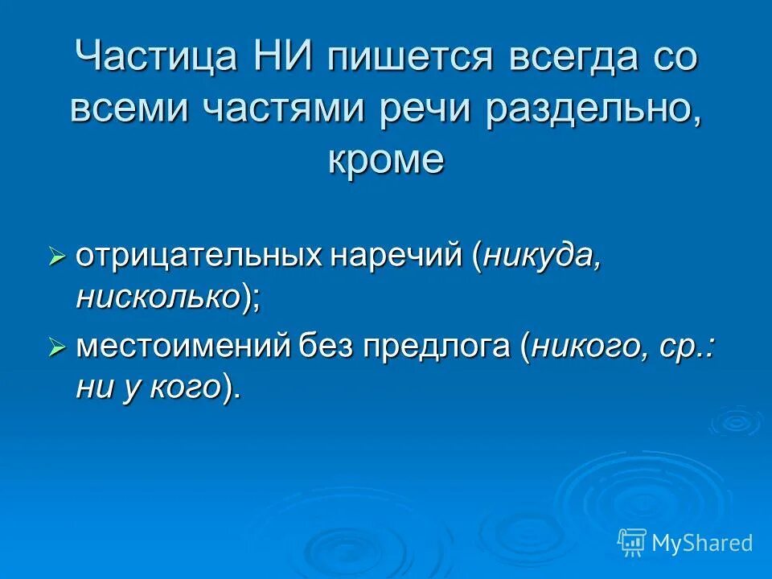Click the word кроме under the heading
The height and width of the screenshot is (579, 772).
tap(385, 159)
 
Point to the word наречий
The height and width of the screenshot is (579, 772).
tap(394, 256)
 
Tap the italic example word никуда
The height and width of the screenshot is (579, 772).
tap(541, 256)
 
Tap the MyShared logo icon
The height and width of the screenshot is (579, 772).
tap(632, 543)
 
